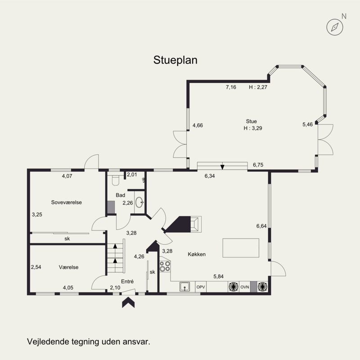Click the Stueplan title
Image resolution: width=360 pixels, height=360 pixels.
175,60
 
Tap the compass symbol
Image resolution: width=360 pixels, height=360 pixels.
335,27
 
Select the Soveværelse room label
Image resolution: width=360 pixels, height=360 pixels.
66,202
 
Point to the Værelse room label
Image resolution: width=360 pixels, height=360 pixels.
68,267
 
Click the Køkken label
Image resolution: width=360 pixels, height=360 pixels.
197,254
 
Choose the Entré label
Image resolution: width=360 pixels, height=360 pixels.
127,282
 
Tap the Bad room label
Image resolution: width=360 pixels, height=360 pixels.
120,195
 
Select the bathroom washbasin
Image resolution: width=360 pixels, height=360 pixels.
139,202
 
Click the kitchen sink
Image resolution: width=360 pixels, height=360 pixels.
184,287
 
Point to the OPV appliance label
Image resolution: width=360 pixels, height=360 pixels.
201,287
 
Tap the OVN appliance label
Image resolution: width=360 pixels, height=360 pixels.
245,287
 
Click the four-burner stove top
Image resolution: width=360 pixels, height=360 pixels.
165,266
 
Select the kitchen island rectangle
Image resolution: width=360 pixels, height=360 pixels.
241,248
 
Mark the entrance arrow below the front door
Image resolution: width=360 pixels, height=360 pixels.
128,302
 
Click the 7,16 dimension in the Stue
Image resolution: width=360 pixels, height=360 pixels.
231,87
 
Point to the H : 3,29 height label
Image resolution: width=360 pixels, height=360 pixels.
253,128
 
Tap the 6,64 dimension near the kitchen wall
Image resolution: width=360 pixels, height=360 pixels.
261,226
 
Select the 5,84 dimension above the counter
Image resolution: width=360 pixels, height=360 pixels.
218,276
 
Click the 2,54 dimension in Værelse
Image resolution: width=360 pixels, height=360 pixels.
36,267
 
